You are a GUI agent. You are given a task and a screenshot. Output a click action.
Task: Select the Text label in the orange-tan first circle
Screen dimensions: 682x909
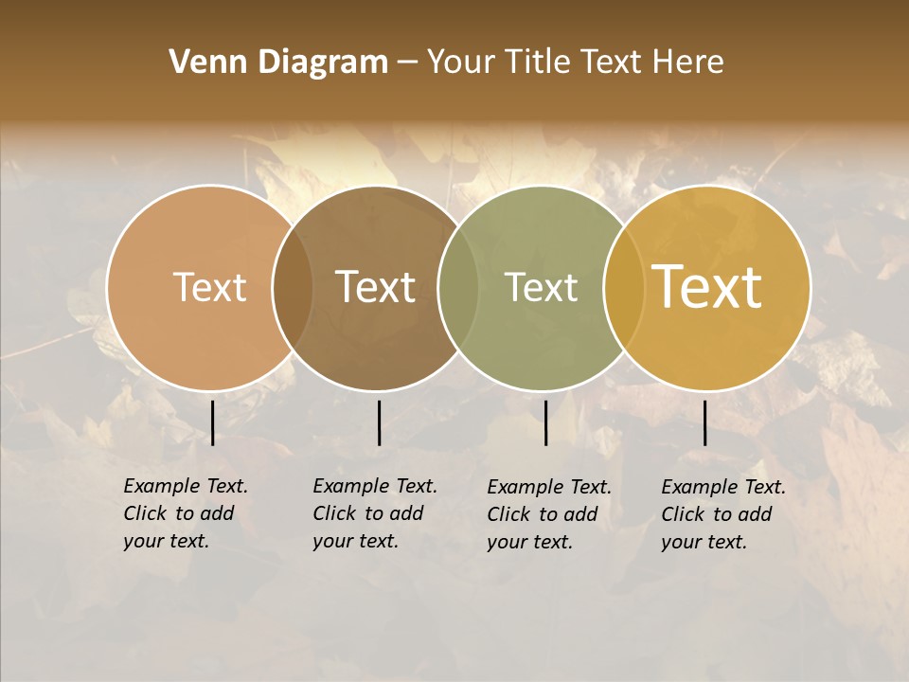tap(209, 287)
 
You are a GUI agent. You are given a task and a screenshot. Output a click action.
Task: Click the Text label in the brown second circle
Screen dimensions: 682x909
tap(376, 287)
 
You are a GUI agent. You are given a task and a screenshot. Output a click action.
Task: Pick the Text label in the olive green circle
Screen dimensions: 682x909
tap(541, 287)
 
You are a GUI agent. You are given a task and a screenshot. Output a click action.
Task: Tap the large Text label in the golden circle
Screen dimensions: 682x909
tap(707, 287)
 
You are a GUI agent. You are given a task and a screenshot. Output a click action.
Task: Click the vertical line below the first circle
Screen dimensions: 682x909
tap(212, 422)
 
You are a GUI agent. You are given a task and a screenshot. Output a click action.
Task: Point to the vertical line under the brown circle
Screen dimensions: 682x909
tap(379, 422)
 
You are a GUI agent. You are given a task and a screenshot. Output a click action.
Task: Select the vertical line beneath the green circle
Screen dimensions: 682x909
tap(545, 422)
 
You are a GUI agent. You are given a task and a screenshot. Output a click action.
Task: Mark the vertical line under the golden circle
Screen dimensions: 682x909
tap(704, 422)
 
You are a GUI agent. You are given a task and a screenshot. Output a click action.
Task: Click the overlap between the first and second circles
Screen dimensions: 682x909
tap(293, 288)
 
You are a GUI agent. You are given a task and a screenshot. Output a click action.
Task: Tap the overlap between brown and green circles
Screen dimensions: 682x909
tap(458, 288)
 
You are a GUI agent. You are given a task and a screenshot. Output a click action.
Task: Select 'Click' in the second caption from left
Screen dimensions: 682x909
tap(334, 513)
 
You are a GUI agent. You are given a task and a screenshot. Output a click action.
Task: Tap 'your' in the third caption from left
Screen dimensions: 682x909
tap(506, 542)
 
